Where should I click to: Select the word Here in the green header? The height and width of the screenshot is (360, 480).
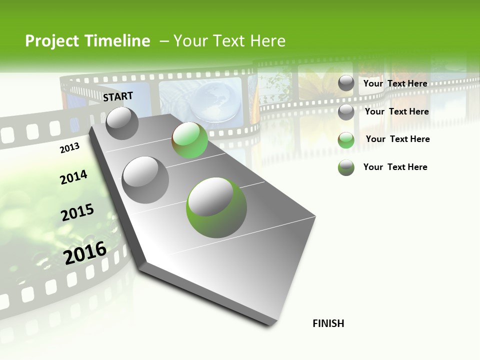coord(267,41)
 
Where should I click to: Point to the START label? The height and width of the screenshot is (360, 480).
coord(118,96)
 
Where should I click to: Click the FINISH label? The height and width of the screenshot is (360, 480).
coord(328,323)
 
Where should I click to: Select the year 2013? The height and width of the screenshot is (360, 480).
coord(69,148)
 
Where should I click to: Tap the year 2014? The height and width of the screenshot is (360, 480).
coord(73,177)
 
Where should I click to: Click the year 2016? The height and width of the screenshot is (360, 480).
coord(85,253)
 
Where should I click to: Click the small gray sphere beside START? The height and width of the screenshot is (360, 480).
coord(122,123)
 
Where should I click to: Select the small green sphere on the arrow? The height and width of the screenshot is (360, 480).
coord(189,140)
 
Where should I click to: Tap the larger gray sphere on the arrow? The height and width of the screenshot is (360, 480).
coord(145,180)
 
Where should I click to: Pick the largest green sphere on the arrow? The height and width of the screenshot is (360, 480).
coord(216,207)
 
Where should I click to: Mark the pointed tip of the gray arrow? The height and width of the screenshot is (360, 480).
coord(272,322)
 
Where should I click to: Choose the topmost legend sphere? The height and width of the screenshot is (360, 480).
coord(346,83)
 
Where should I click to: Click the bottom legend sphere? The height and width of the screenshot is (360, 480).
coord(346,167)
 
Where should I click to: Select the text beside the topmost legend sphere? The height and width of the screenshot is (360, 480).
coord(395,83)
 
